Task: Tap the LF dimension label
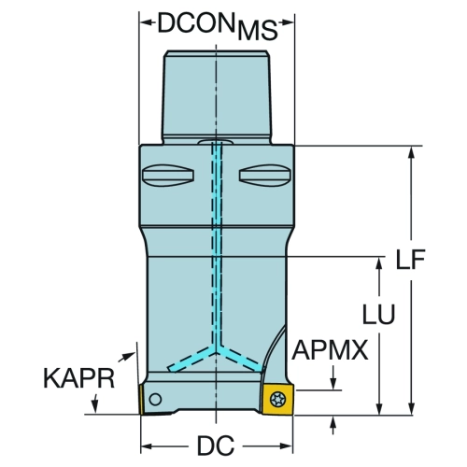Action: click(410, 259)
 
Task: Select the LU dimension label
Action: click(378, 314)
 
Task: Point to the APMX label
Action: click(330, 350)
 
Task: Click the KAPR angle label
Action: click(79, 378)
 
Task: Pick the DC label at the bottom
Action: click(216, 446)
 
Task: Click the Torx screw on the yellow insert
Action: click(277, 399)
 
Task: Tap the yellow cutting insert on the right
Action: click(277, 400)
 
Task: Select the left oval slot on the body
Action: click(168, 176)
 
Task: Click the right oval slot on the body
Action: click(265, 176)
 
